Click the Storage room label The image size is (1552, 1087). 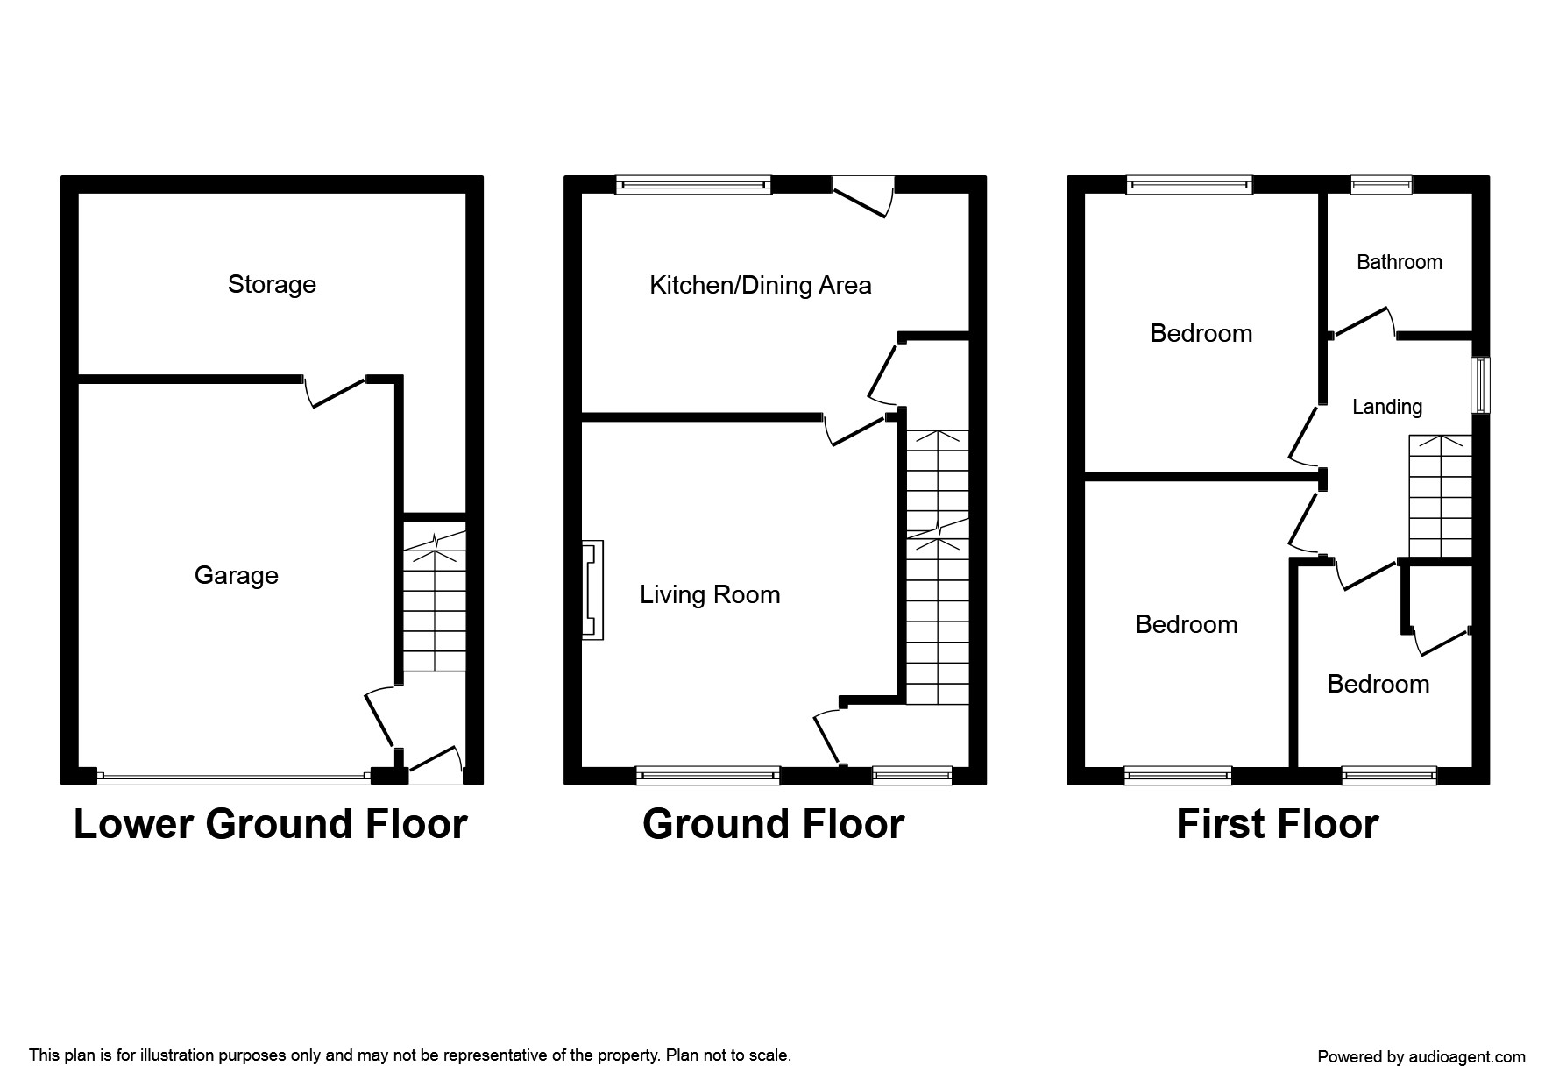point(272,284)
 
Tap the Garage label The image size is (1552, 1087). point(236,575)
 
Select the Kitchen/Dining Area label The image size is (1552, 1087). point(760,285)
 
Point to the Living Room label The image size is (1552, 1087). point(710,594)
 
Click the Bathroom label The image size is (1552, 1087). point(1399,262)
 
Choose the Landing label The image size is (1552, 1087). point(1386,407)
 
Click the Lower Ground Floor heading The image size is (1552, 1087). point(270,824)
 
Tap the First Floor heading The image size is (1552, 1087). point(1277,824)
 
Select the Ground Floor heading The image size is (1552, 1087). point(773,824)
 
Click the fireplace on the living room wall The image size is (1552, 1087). point(592,589)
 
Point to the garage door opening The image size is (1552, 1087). point(234,776)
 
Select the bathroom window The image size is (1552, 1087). point(1381,184)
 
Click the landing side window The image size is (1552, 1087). point(1480,384)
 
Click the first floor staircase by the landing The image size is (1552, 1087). point(1440,496)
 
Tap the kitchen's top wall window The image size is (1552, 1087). point(693,184)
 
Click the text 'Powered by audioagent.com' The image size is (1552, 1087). point(1421,1057)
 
